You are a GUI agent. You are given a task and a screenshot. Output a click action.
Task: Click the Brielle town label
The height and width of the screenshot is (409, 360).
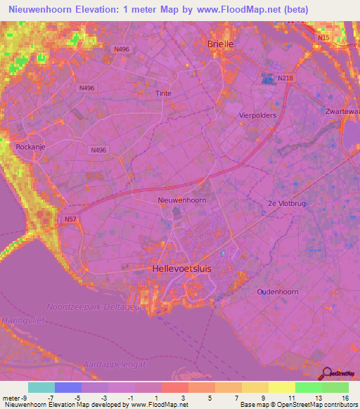[x=220, y=44]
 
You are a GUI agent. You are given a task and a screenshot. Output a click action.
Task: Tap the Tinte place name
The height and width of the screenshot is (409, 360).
[x=163, y=93]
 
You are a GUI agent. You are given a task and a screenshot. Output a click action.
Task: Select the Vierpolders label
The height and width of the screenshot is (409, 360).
[x=257, y=115]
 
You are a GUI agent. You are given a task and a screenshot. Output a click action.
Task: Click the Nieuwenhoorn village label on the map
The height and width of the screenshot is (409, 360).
[x=181, y=200]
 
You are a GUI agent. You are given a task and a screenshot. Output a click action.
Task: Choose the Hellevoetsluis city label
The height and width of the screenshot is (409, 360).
[x=181, y=268]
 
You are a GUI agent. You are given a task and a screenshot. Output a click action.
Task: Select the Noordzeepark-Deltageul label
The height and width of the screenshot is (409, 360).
[x=94, y=306]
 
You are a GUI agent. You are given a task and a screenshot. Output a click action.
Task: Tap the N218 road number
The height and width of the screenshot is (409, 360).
[x=285, y=78]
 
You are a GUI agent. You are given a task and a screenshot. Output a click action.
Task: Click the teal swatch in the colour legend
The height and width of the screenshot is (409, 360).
[x=41, y=387]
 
